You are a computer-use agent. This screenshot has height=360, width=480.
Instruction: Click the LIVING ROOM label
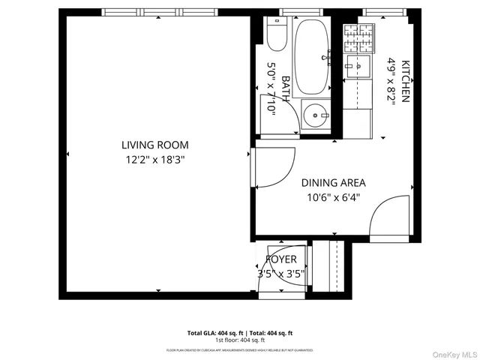155,145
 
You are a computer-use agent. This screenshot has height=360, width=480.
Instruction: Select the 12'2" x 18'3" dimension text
155,159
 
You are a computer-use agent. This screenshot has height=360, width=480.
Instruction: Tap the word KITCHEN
406,81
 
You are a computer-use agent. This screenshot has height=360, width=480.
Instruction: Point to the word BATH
285,88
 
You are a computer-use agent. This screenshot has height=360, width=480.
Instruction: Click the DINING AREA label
333,182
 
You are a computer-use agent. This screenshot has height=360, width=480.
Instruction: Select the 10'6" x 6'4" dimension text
333,198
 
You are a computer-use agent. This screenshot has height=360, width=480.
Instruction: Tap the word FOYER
281,259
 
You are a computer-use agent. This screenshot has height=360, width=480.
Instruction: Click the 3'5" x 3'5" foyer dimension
281,274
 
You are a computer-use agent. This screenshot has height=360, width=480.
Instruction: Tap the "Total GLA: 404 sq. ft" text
213,332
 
